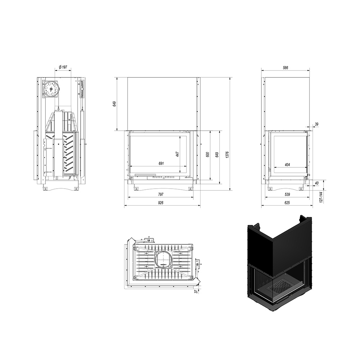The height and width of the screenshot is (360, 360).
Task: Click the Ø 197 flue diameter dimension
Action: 63,67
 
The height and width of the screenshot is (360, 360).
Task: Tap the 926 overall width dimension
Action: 161,203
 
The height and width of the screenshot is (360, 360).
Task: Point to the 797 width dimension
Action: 161,194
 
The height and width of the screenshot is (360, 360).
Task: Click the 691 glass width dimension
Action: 161,163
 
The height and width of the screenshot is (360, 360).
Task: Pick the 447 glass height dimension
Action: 177,154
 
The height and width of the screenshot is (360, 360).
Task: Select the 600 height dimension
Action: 208,154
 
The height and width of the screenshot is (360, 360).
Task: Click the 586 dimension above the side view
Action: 285,68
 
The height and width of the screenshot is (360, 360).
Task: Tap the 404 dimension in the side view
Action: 287,165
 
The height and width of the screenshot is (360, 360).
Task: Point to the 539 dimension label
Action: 287,194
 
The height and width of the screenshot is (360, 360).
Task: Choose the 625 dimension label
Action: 287,203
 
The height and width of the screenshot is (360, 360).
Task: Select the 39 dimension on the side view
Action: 316,124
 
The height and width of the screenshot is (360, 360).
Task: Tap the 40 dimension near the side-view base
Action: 316,183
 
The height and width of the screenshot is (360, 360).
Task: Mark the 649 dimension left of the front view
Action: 114,104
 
